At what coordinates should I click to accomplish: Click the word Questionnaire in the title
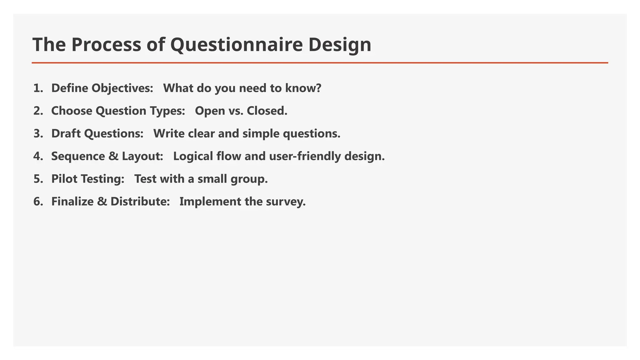point(237,45)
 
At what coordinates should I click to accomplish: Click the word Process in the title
point(106,44)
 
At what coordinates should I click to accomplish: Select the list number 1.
point(37,88)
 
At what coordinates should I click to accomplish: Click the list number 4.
point(37,156)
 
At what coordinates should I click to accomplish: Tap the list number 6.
point(37,202)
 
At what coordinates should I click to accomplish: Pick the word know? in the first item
point(303,88)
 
